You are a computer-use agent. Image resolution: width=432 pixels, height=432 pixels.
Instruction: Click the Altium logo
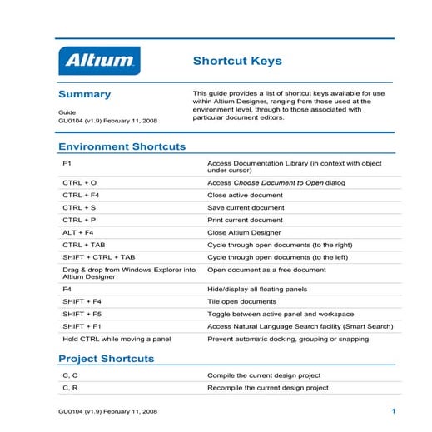tap(99, 61)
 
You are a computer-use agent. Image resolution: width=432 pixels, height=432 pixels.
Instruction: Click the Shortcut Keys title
tap(237, 61)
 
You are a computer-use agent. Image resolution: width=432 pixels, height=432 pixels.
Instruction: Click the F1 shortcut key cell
tap(67, 162)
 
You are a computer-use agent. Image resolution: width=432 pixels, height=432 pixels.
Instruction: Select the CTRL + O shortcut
tap(79, 181)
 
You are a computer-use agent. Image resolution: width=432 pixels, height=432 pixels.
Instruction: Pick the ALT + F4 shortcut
tap(78, 232)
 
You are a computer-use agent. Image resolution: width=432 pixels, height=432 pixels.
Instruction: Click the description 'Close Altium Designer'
tap(244, 232)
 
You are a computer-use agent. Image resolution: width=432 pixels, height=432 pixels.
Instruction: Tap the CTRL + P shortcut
tap(79, 220)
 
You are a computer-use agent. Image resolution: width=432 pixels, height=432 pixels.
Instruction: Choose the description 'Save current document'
tap(246, 207)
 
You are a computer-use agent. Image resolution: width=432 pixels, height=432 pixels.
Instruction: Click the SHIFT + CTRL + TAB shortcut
tap(98, 257)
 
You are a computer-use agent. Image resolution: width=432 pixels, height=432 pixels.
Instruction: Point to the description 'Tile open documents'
tap(241, 301)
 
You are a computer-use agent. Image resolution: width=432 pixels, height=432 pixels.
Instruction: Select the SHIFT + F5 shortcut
tap(82, 314)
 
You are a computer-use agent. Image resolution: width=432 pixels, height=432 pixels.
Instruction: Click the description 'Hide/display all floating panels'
tap(257, 289)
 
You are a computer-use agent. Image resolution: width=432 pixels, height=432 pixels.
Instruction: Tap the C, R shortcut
tap(70, 388)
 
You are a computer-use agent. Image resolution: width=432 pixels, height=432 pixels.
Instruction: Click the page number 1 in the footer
tap(391, 412)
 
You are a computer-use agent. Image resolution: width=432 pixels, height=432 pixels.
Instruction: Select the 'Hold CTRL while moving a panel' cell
tap(117, 339)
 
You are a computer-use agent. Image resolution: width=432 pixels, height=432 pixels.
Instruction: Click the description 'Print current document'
tap(246, 220)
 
